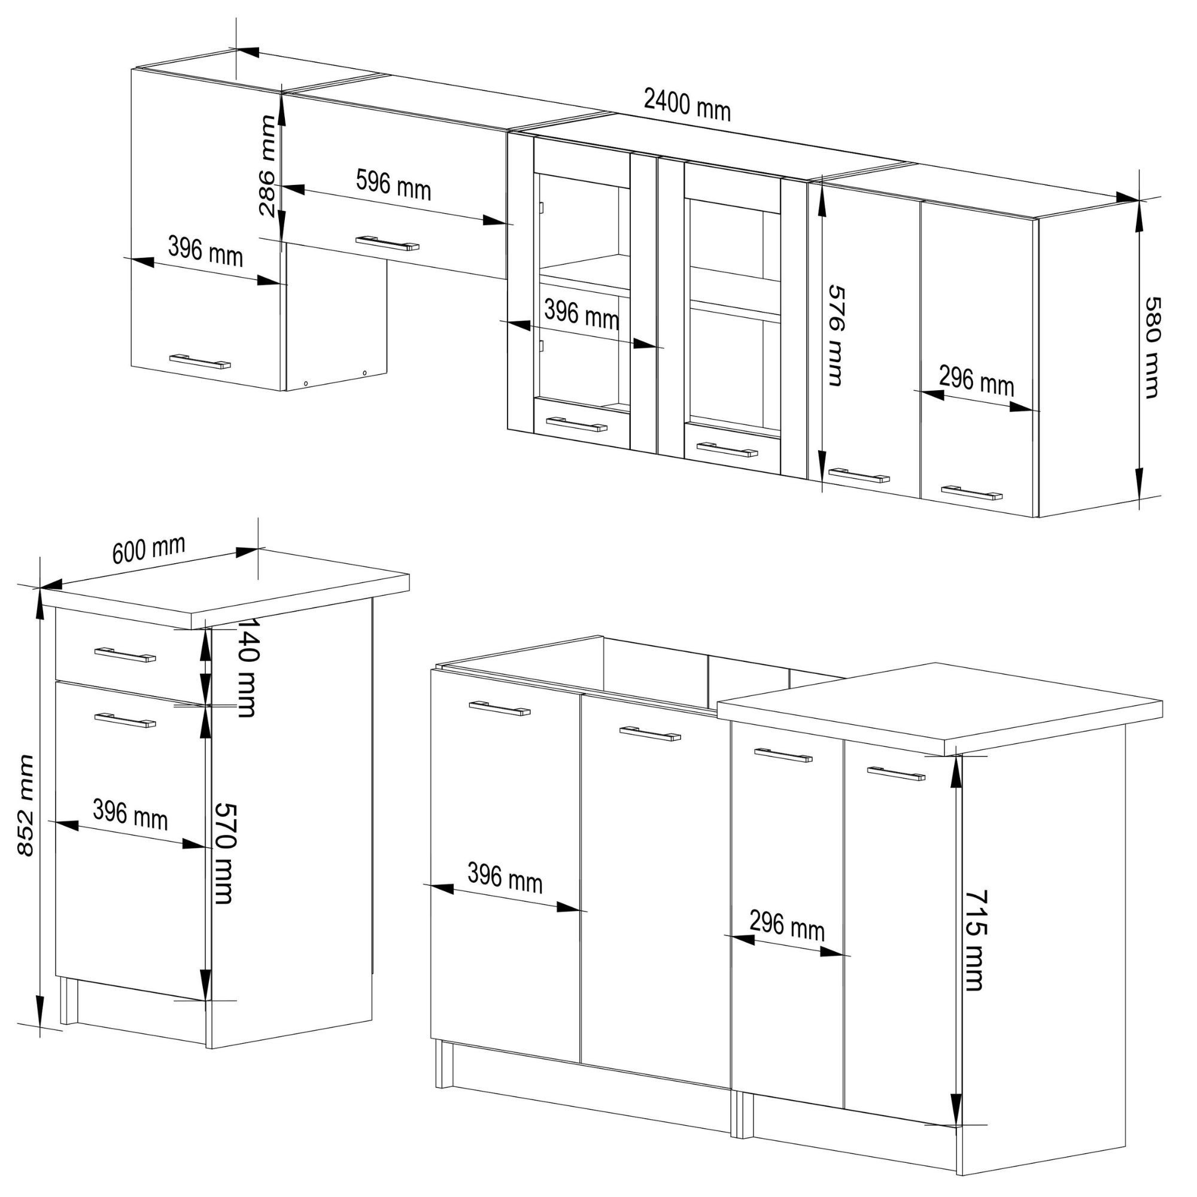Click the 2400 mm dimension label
[x=687, y=105]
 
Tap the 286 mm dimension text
[x=268, y=165]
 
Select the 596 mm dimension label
[x=393, y=184]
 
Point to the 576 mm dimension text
[x=837, y=336]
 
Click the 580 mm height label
[x=1152, y=348]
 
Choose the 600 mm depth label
[x=148, y=549]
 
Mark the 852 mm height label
[x=25, y=806]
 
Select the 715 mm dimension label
[x=974, y=940]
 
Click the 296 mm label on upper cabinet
[x=976, y=381]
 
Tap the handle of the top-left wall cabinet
[x=199, y=361]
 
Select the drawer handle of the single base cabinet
[x=125, y=655]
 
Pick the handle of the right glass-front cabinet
[x=727, y=449]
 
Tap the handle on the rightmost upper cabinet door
[x=971, y=493]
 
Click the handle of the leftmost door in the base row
[x=499, y=708]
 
